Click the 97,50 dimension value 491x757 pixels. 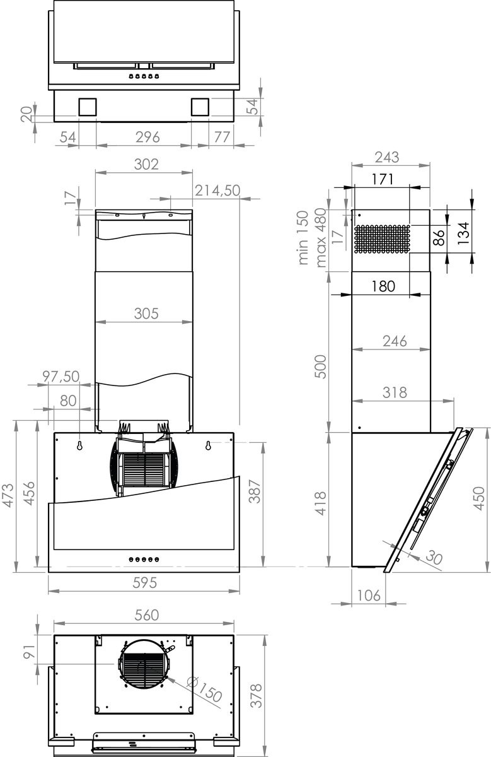pos(61,376)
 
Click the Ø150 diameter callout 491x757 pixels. pos(205,690)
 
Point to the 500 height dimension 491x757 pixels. pos(320,367)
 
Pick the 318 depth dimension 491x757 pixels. pos(395,392)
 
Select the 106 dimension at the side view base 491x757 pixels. pos(368,595)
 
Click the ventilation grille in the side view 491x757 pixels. pos(381,239)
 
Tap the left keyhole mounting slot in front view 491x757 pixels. pos(80,446)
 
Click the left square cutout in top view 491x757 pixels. pos(88,107)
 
